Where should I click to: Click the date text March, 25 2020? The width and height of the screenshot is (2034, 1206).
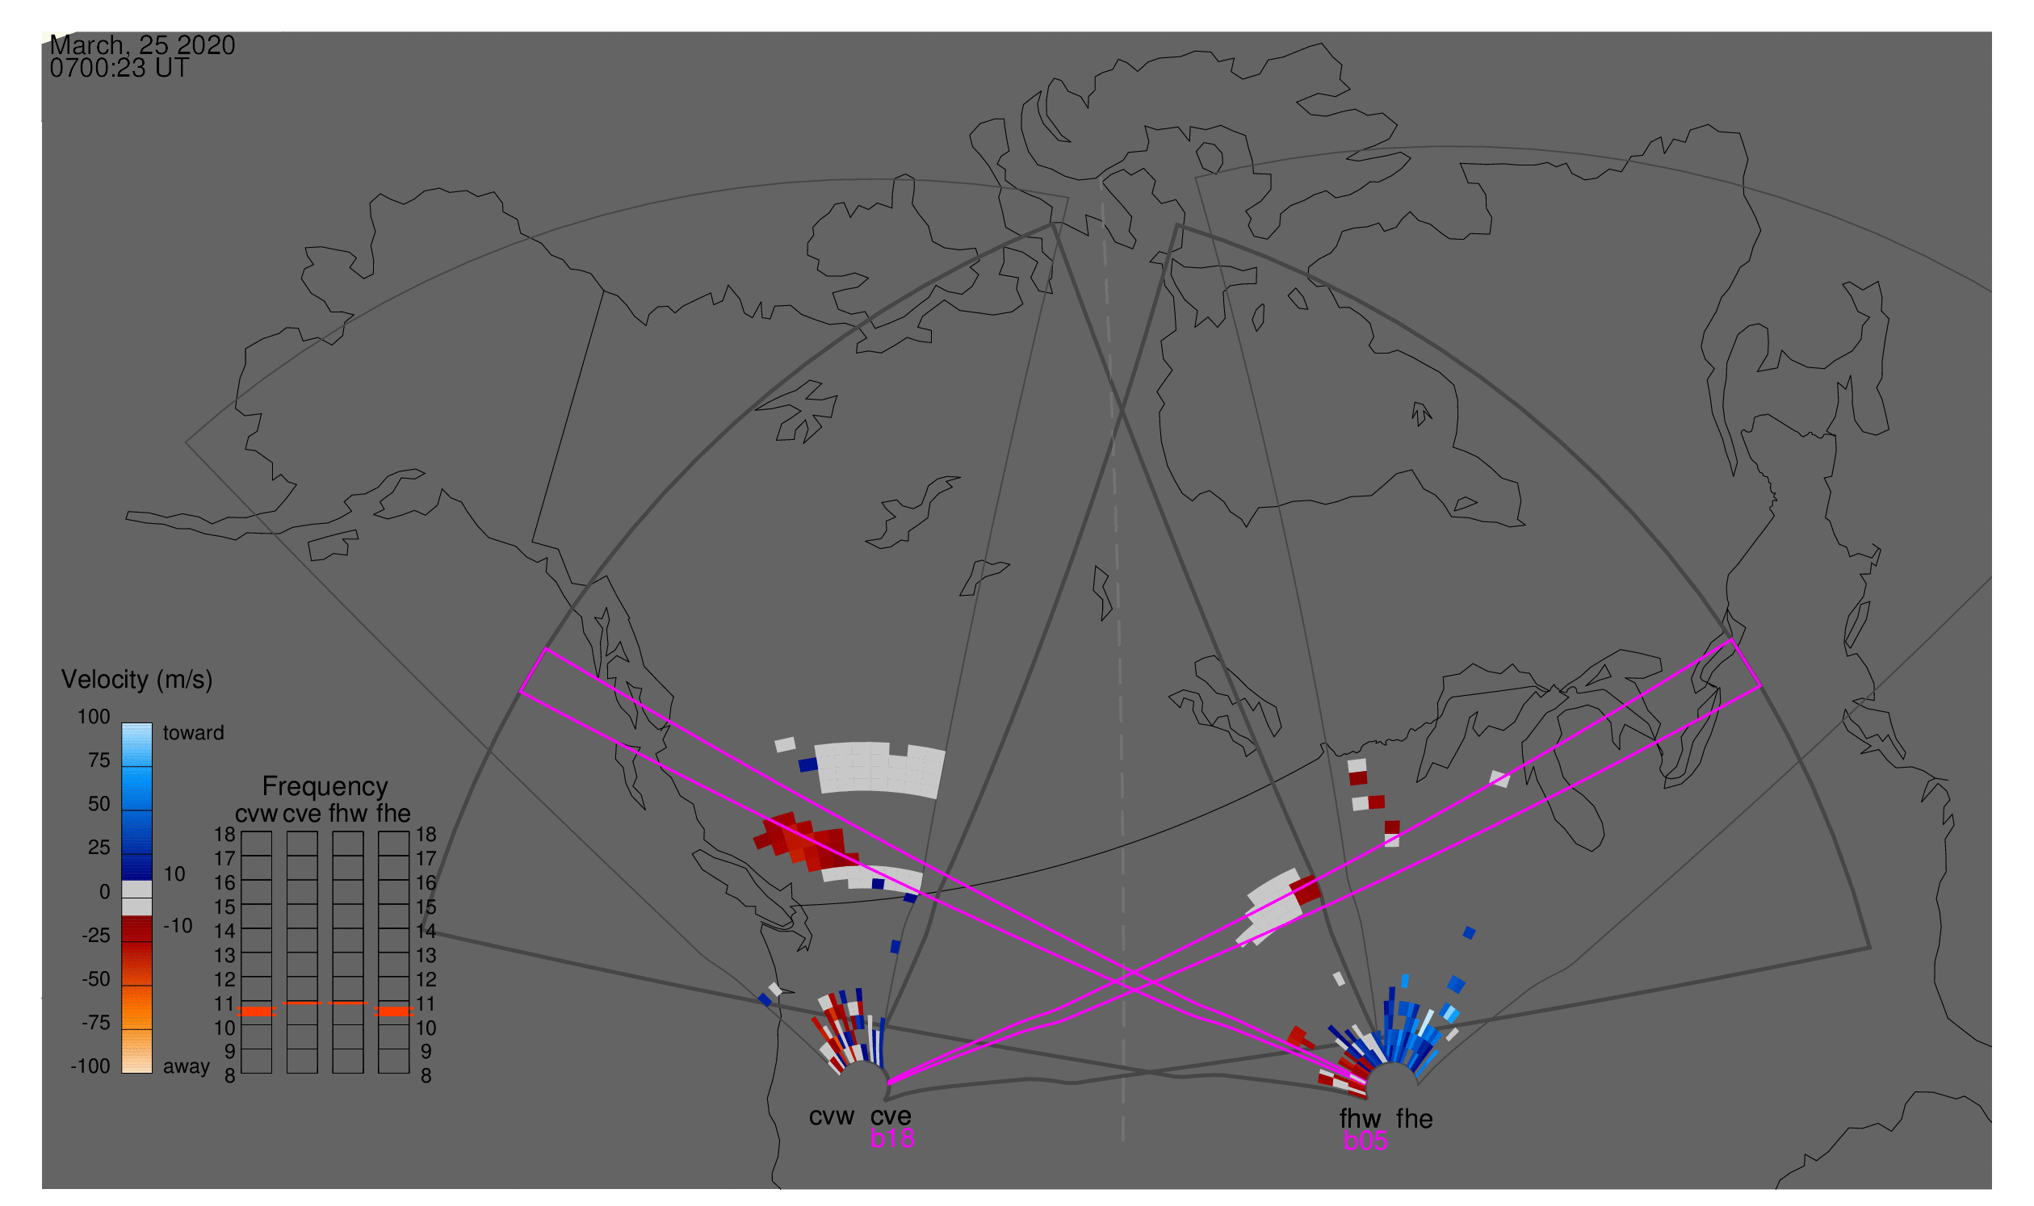click(x=142, y=45)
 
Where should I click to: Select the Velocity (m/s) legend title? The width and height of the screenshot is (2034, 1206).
click(x=136, y=680)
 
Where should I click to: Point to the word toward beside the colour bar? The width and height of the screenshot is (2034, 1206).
click(x=194, y=733)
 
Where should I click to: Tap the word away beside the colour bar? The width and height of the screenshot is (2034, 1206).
click(x=187, y=1066)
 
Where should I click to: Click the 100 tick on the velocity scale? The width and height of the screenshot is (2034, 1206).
click(x=94, y=717)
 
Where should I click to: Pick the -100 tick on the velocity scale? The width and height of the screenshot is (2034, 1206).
click(x=90, y=1066)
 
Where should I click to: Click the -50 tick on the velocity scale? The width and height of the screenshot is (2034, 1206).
click(x=95, y=979)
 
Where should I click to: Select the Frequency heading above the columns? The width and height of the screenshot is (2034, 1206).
click(x=325, y=787)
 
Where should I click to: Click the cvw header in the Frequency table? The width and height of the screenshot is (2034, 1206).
click(x=256, y=814)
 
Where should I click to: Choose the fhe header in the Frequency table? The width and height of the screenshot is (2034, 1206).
click(x=393, y=814)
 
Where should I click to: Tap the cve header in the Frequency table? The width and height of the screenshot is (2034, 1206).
click(x=302, y=814)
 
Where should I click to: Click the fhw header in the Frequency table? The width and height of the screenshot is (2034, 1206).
click(x=348, y=814)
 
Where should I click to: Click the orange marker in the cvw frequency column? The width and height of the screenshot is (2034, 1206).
click(x=257, y=1011)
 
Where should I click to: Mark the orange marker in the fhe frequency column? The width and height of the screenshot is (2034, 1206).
click(x=394, y=1011)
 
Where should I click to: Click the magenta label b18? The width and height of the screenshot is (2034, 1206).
click(x=891, y=1138)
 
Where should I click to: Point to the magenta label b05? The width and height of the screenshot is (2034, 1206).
click(x=1365, y=1141)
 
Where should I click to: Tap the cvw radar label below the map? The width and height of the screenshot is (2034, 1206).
click(x=831, y=1116)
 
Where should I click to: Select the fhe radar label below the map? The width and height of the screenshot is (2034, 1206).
click(x=1415, y=1119)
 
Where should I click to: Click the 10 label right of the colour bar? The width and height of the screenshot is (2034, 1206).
click(x=174, y=874)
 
